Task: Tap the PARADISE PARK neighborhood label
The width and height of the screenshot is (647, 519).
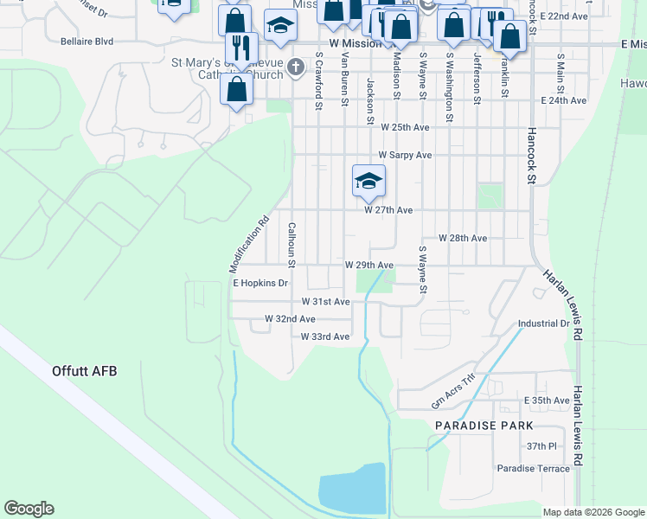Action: click(x=484, y=426)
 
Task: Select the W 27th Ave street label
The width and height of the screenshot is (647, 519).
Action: click(x=388, y=210)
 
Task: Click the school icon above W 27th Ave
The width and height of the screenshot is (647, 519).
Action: click(x=368, y=182)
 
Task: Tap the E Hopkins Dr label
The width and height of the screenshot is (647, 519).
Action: click(x=259, y=283)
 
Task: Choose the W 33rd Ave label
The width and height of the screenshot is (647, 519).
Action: click(x=325, y=336)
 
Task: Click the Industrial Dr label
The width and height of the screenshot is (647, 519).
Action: click(x=543, y=324)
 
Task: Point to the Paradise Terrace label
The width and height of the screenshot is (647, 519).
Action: click(x=534, y=468)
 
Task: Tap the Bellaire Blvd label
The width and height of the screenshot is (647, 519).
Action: click(x=87, y=41)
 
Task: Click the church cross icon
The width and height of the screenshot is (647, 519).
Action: click(x=296, y=67)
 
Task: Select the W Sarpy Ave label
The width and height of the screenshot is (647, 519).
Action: click(x=403, y=155)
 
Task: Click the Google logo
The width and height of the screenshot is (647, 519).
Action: click(x=29, y=509)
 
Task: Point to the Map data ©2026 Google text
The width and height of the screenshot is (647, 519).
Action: click(x=593, y=512)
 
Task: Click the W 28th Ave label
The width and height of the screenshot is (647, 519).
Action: click(x=463, y=238)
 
